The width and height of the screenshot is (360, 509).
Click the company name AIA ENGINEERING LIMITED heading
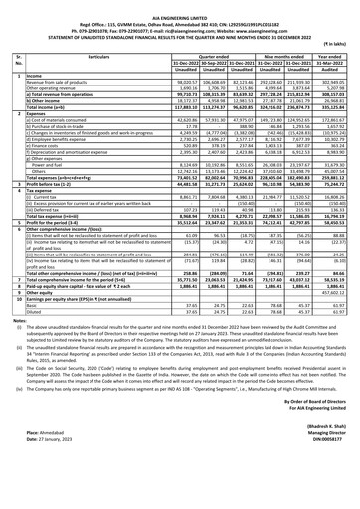pos(180,5)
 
